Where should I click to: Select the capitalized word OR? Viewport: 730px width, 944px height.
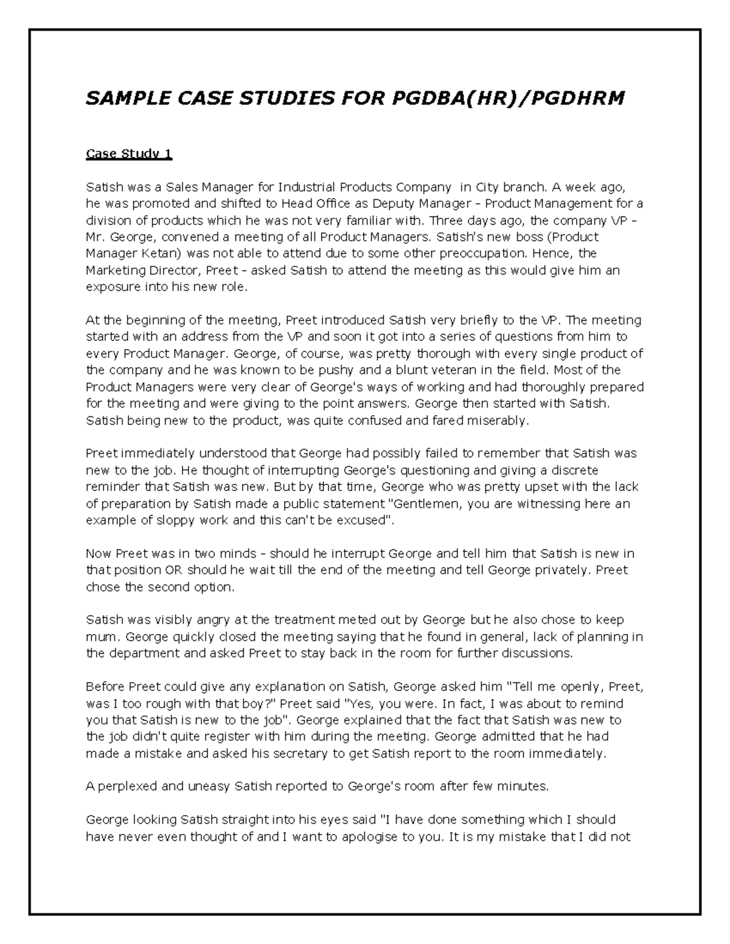click(173, 571)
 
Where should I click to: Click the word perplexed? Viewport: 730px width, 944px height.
click(122, 787)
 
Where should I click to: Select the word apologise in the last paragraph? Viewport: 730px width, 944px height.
click(364, 837)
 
